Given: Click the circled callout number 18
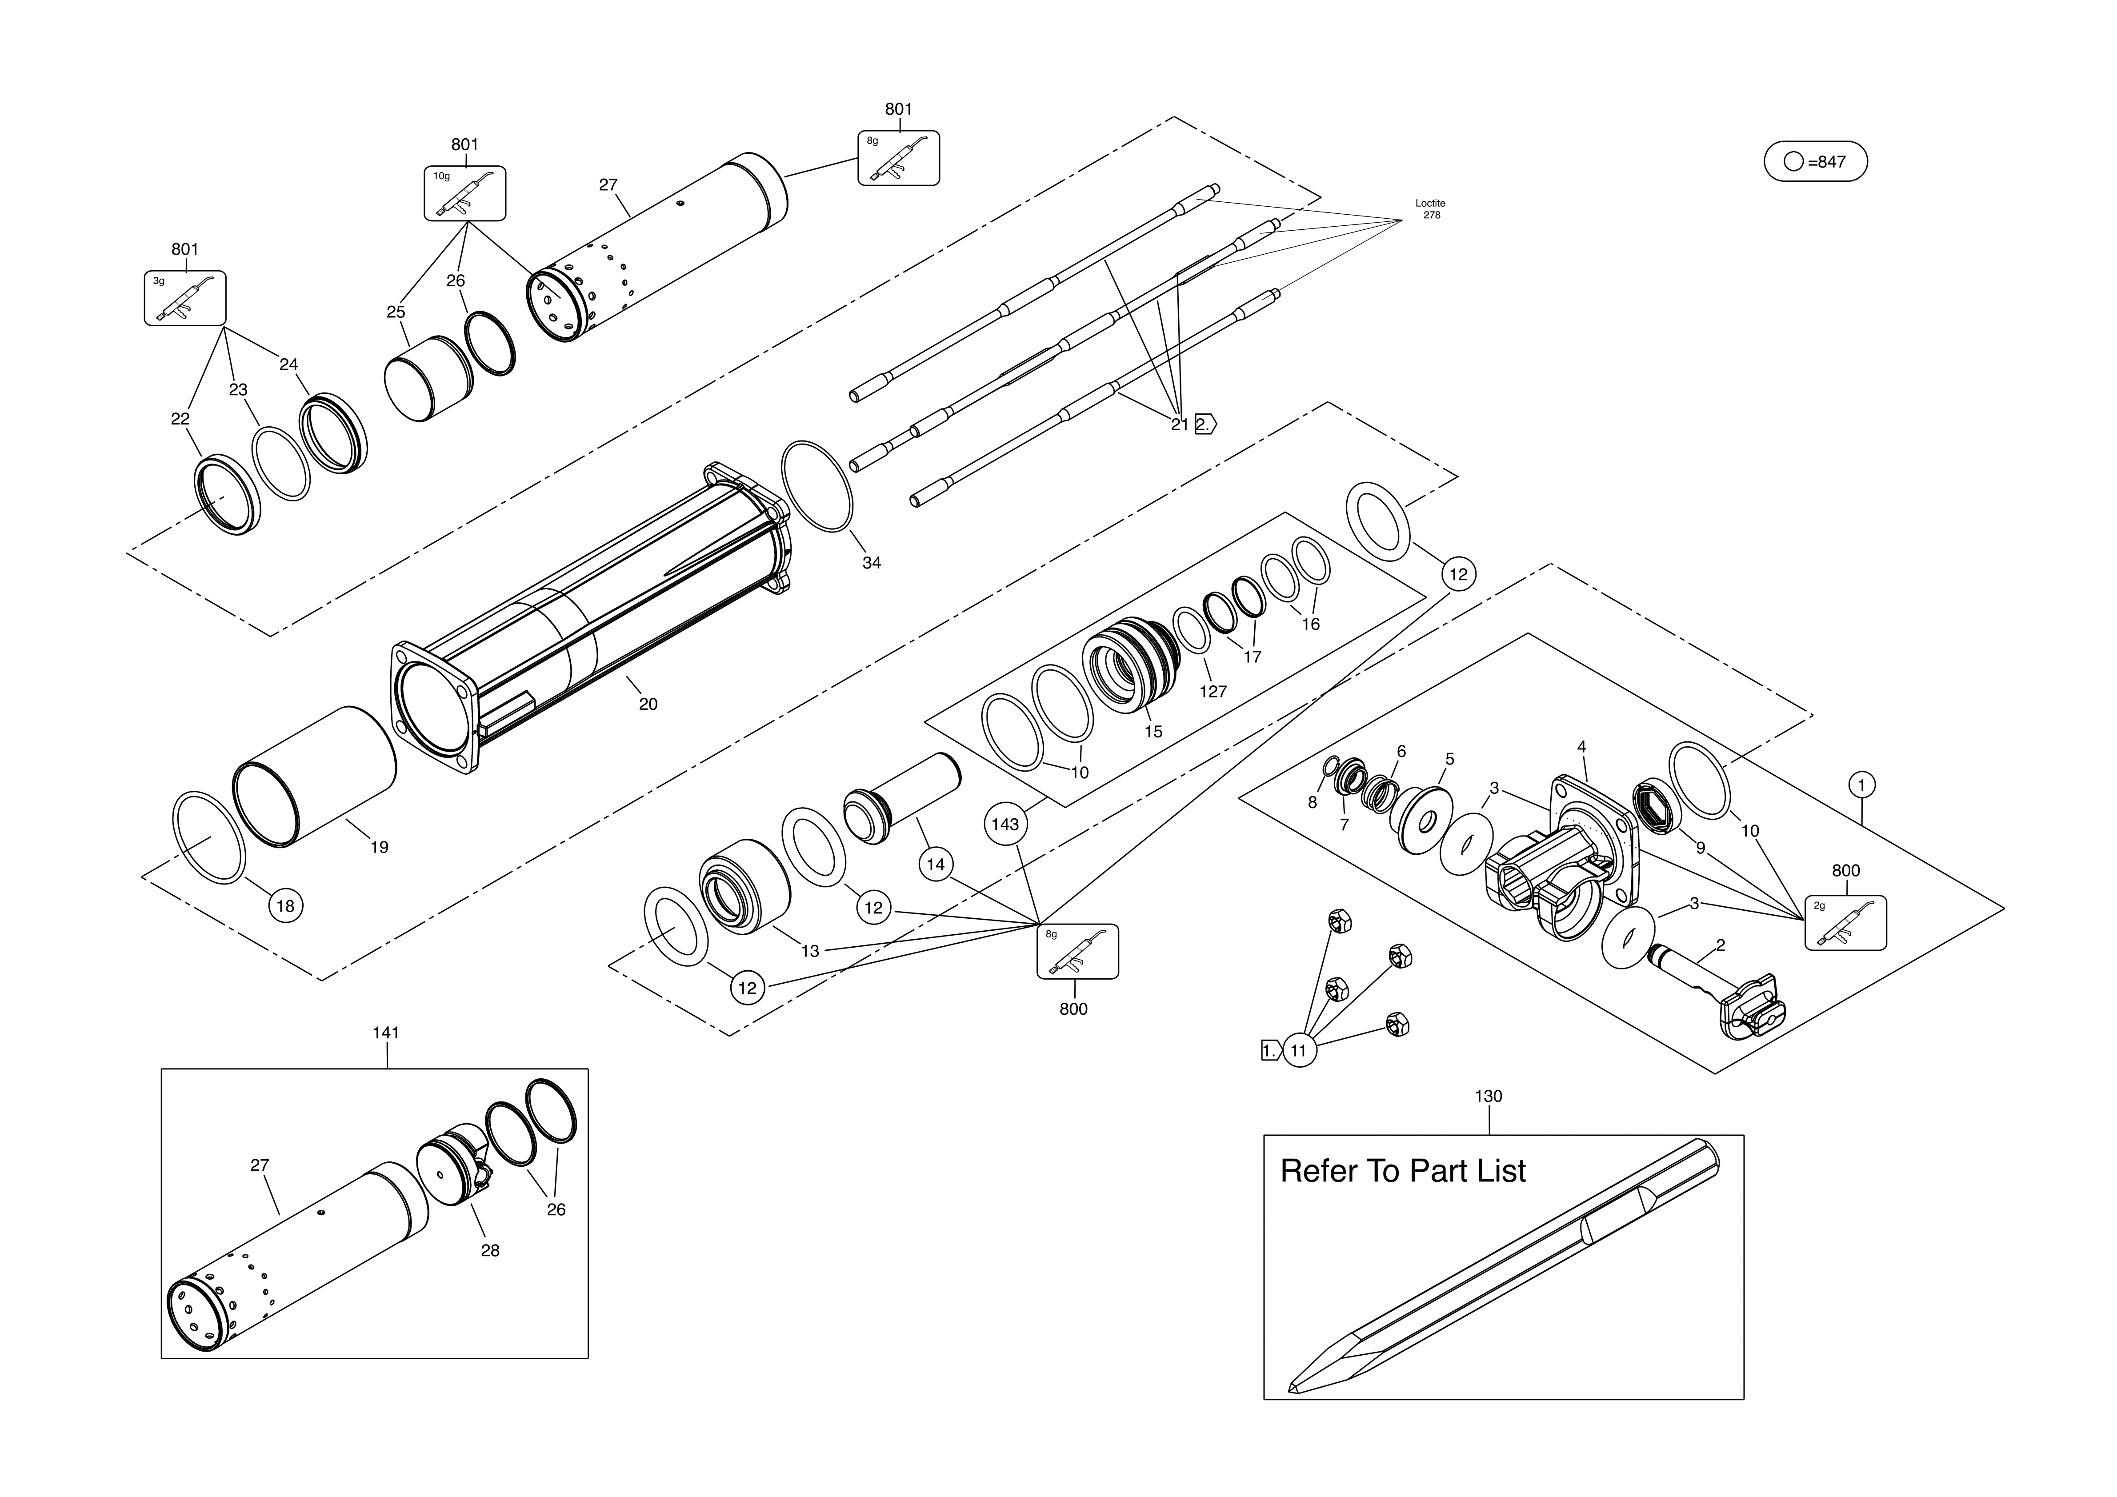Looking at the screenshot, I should tap(286, 906).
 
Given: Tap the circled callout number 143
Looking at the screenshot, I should tap(1005, 824).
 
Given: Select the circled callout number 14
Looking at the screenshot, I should tap(936, 865).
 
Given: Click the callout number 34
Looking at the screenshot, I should tap(871, 563).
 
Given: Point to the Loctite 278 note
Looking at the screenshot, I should tap(1430, 209).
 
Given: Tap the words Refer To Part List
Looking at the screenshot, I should tap(1402, 1172).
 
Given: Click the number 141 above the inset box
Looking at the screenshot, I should tap(386, 1033).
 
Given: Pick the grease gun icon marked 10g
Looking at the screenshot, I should tap(465, 194).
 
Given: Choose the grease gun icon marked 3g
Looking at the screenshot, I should tap(185, 298).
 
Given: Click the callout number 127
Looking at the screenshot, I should tap(1213, 691).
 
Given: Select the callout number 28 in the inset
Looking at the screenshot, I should tap(490, 1251).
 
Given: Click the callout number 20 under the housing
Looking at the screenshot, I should tap(648, 704).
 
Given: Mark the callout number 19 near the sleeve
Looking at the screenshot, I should tap(379, 847).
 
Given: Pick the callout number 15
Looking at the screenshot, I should tap(1153, 732).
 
